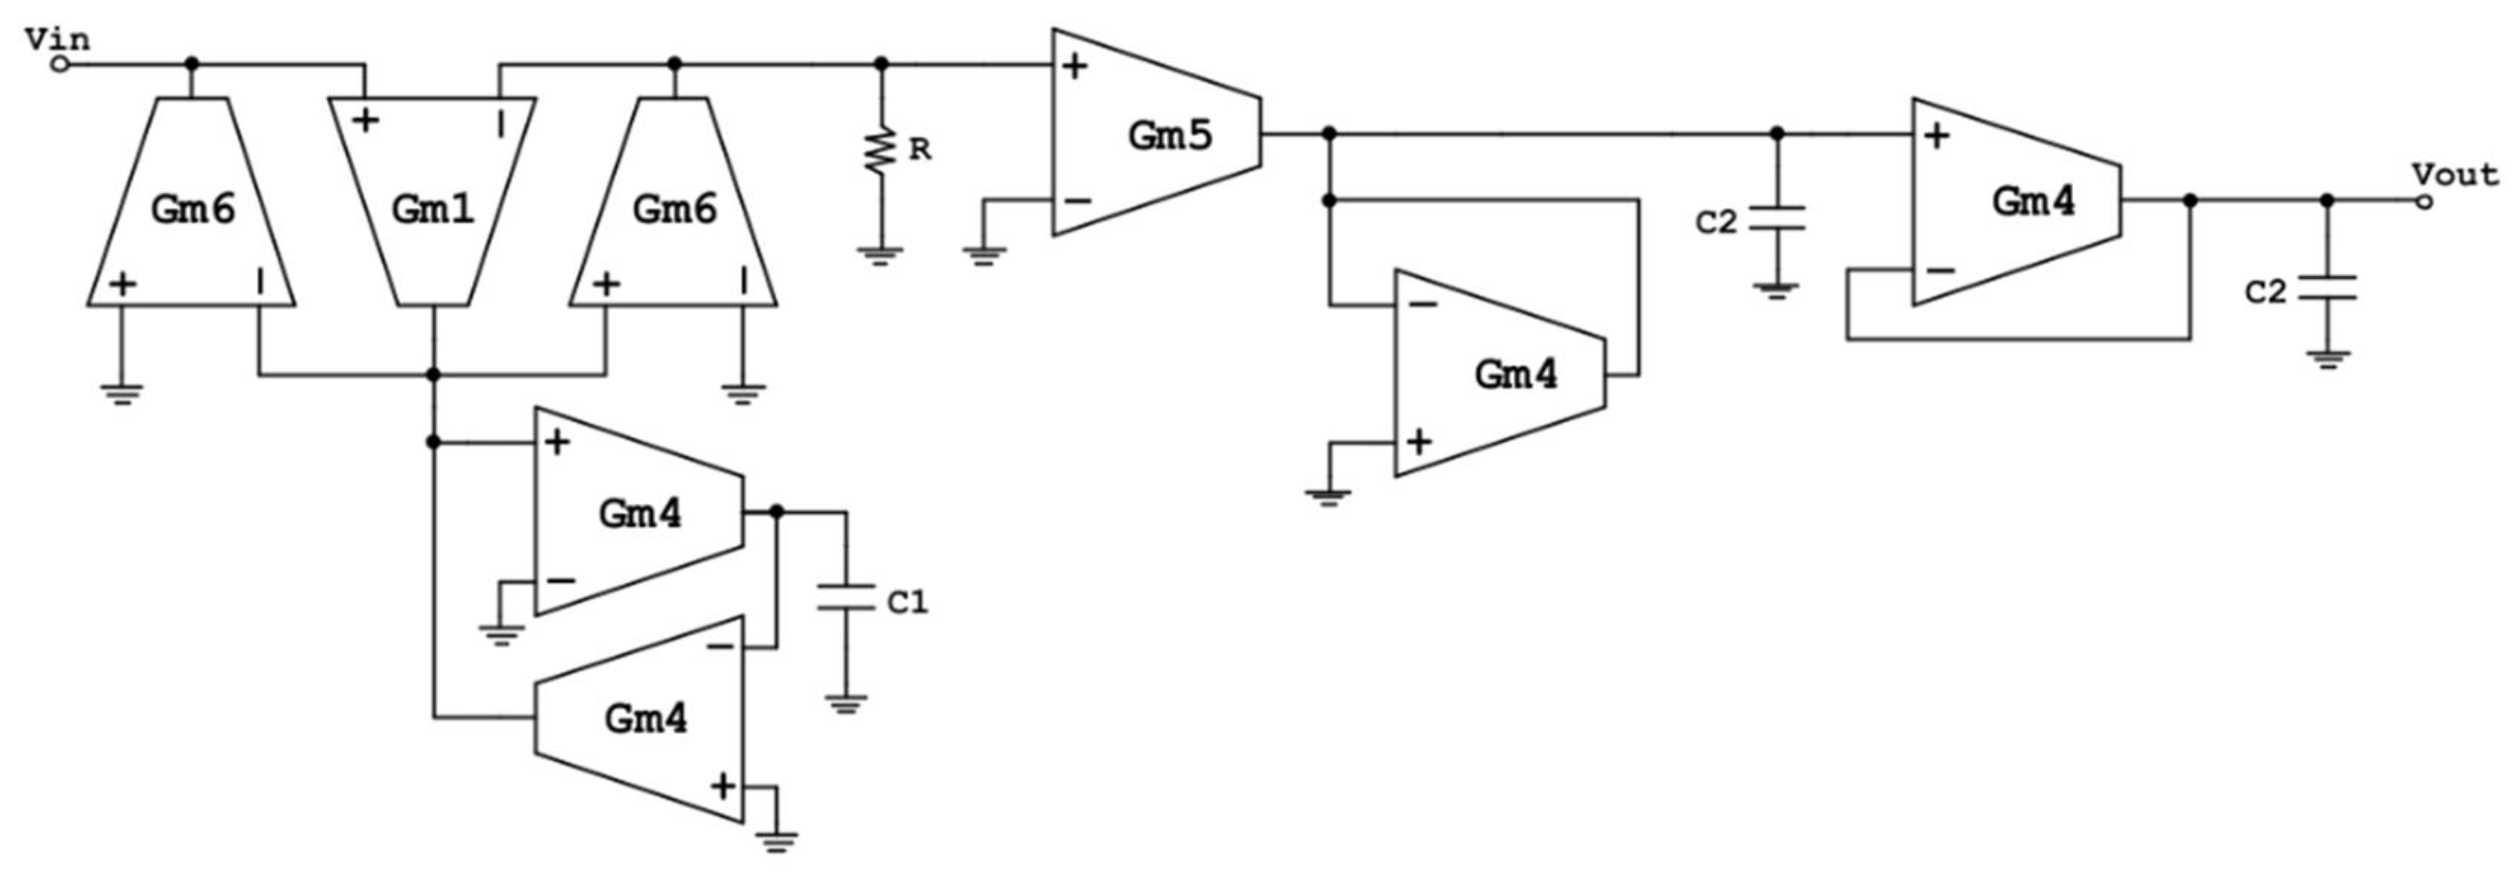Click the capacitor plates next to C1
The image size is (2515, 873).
(845, 597)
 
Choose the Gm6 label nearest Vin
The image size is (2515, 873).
(193, 209)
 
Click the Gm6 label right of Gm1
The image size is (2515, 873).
(675, 209)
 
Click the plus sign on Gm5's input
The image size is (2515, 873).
(1075, 66)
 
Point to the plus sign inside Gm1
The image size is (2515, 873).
(365, 121)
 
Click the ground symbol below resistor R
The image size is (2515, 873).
(881, 256)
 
